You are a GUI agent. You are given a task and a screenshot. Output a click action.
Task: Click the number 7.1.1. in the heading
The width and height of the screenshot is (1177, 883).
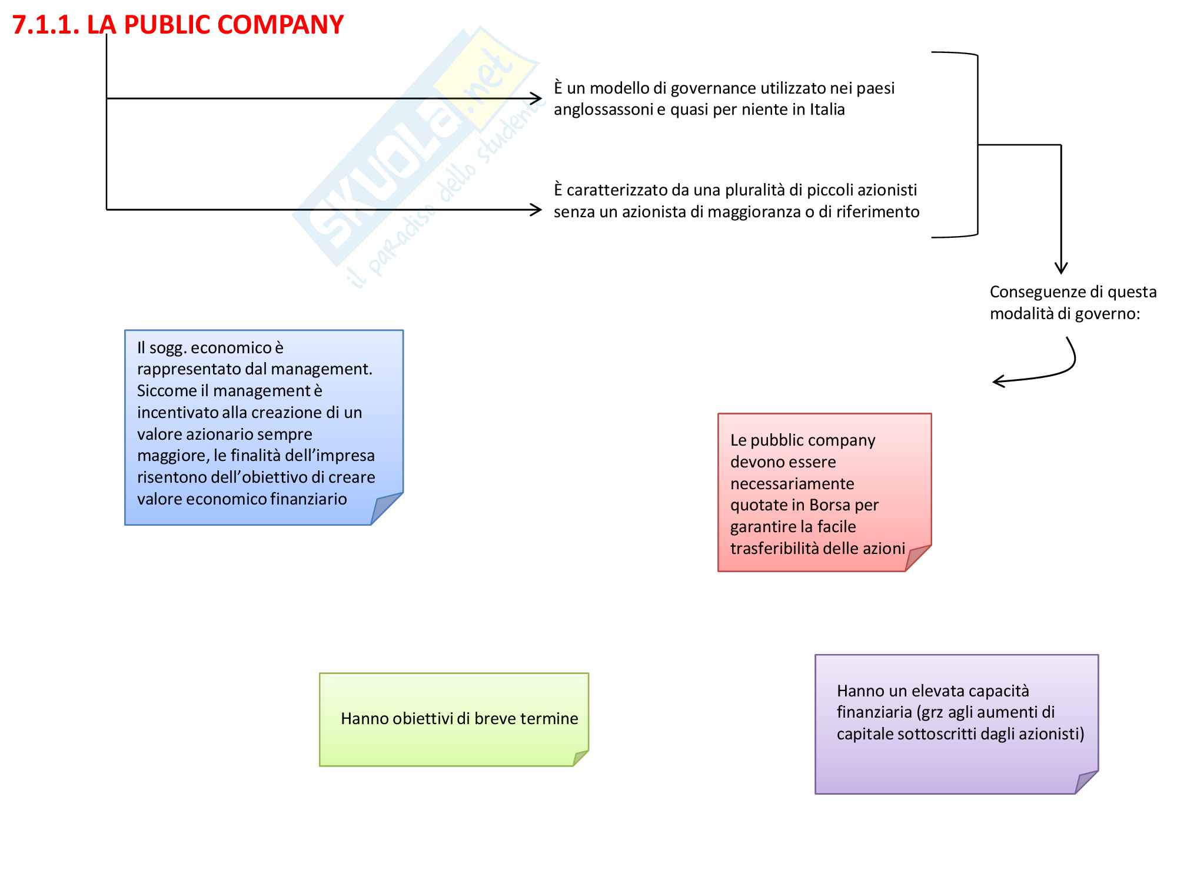(x=45, y=25)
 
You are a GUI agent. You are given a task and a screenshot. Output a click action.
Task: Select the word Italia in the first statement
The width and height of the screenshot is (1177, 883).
(x=827, y=109)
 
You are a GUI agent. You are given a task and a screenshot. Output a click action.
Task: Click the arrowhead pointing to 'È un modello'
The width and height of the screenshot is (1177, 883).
(x=536, y=98)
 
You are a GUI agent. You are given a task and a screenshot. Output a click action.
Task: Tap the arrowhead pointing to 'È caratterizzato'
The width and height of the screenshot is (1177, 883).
(x=536, y=210)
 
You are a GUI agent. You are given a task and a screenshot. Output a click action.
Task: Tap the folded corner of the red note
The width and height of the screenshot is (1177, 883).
(x=916, y=559)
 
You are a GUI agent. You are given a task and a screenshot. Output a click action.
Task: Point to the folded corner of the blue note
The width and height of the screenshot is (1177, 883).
(x=385, y=510)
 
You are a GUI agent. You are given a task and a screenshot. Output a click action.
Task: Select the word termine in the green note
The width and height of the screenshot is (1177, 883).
(x=550, y=719)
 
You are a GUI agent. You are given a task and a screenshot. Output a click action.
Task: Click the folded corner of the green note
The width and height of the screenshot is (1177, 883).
(x=580, y=758)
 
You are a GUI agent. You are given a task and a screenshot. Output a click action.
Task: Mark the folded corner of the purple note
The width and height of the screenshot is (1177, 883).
(x=1085, y=783)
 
